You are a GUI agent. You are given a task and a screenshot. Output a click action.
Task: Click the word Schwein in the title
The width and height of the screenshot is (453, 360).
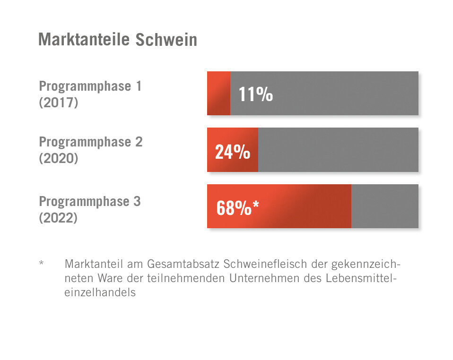click(x=166, y=40)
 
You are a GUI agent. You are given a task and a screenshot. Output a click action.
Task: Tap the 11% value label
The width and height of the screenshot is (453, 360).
click(x=255, y=94)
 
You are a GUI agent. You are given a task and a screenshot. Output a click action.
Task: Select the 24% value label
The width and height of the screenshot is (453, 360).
click(x=232, y=152)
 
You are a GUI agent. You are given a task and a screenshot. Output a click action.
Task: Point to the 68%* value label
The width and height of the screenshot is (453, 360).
click(x=238, y=208)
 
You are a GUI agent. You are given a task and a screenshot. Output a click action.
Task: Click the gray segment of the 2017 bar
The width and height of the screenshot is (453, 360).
click(x=345, y=93)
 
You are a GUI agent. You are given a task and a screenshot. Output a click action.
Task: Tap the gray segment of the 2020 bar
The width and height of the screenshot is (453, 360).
click(x=338, y=150)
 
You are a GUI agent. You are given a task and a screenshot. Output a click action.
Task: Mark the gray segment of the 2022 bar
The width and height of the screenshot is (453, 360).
click(x=384, y=206)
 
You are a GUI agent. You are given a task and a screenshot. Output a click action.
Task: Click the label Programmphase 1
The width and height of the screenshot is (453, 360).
click(x=90, y=86)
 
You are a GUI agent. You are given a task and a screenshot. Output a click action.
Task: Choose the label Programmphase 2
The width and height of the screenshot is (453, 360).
click(x=90, y=142)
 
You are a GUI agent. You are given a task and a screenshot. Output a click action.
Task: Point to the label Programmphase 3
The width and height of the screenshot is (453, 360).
click(x=90, y=202)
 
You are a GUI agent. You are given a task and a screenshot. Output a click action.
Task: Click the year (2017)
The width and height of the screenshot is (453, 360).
click(x=58, y=102)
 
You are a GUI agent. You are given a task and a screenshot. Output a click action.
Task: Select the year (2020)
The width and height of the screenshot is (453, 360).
click(x=58, y=158)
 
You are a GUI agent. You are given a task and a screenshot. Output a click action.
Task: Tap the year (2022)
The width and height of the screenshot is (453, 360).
click(x=58, y=218)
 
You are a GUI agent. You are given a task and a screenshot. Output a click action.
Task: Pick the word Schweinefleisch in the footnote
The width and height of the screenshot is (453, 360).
click(x=259, y=263)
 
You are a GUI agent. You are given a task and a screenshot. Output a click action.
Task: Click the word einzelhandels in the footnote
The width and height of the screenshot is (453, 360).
click(x=100, y=292)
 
